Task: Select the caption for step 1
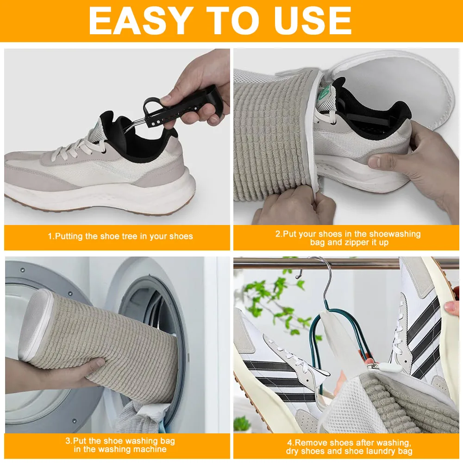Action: [120, 236]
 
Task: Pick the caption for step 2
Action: [348, 238]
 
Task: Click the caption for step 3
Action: [120, 444]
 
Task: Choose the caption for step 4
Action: [348, 446]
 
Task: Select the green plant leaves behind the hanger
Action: [273, 296]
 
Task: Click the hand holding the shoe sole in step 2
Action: [417, 157]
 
